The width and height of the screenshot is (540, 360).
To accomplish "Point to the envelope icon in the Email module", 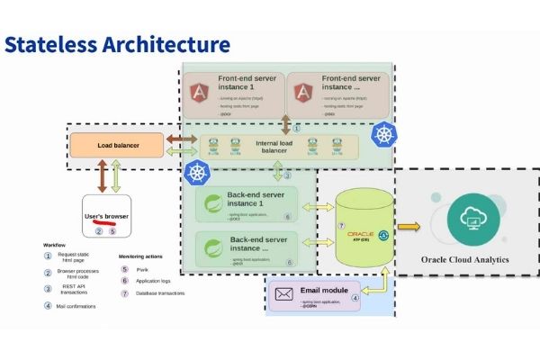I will pyautogui.click(x=285, y=294).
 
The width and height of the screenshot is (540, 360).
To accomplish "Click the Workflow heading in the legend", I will pyautogui.click(x=57, y=244).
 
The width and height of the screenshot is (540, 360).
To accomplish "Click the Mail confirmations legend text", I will pyautogui.click(x=78, y=306).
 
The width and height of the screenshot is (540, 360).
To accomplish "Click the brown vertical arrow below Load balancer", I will pyautogui.click(x=101, y=175).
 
